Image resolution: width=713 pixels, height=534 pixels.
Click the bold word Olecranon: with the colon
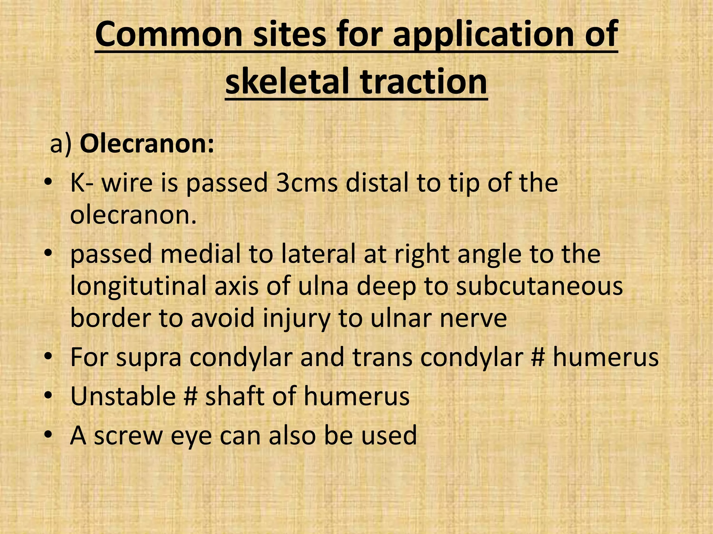tap(147, 144)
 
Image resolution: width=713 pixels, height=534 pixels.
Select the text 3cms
tap(306, 183)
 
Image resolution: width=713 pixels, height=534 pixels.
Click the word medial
tap(200, 254)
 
